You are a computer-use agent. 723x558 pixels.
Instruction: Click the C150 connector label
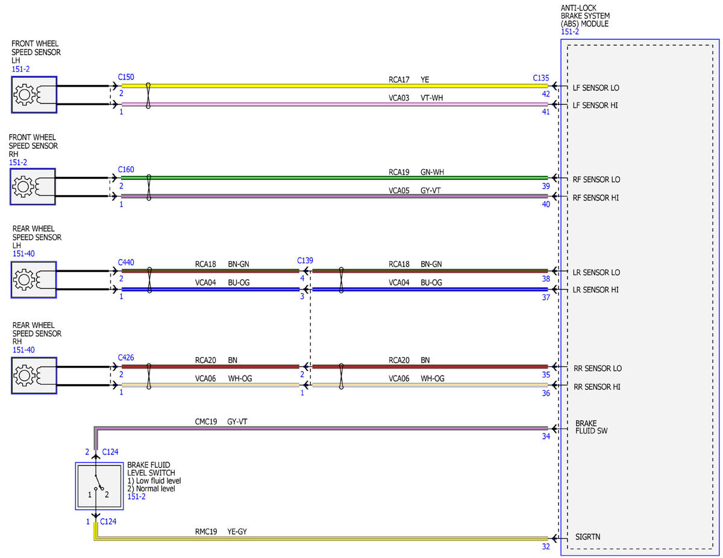pyautogui.click(x=126, y=77)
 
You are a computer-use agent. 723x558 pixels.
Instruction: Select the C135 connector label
pyautogui.click(x=540, y=78)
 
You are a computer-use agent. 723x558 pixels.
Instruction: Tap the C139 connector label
pyautogui.click(x=305, y=261)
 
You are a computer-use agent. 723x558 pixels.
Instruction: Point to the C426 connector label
pyautogui.click(x=126, y=358)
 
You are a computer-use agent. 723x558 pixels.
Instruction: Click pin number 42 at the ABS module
pyautogui.click(x=546, y=94)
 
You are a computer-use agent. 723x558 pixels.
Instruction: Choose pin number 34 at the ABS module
pyautogui.click(x=546, y=436)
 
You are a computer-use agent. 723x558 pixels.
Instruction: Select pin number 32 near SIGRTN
pyautogui.click(x=546, y=547)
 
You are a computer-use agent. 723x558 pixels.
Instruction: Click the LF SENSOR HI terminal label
pyautogui.click(x=595, y=105)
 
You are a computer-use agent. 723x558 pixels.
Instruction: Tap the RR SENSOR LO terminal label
pyautogui.click(x=598, y=368)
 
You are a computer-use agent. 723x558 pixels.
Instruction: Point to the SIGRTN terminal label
pyautogui.click(x=588, y=537)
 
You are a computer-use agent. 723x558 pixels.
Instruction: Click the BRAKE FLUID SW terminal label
pyautogui.click(x=591, y=427)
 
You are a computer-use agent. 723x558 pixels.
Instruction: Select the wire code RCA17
pyautogui.click(x=399, y=80)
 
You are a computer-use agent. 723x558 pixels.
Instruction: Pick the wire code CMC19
pyautogui.click(x=206, y=422)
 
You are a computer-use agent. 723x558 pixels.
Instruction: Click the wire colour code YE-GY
pyautogui.click(x=237, y=532)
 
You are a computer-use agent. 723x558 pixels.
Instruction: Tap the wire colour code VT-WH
pyautogui.click(x=431, y=98)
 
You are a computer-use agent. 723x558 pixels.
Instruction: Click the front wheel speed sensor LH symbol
pyautogui.click(x=34, y=95)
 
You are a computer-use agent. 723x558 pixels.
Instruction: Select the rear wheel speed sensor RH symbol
pyautogui.click(x=34, y=376)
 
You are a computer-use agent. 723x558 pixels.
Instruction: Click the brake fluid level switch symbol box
pyautogui.click(x=99, y=486)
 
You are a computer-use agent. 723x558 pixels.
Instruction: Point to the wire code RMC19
pyautogui.click(x=206, y=532)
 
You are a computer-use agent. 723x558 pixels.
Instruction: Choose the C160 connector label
pyautogui.click(x=126, y=170)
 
